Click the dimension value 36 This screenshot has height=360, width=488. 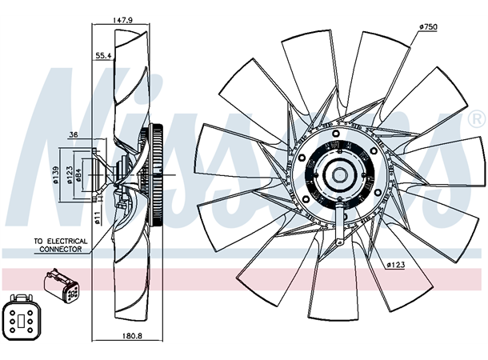click(x=73, y=134)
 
